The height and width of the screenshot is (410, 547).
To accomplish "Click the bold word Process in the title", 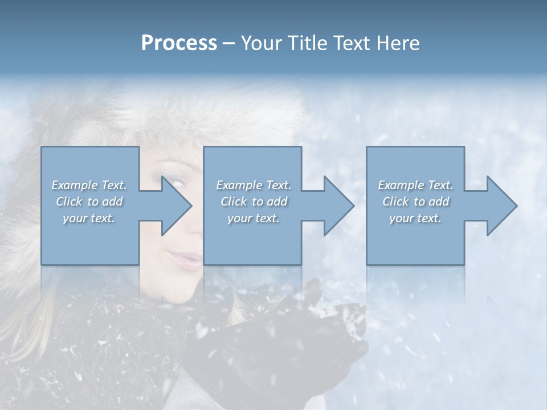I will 179,43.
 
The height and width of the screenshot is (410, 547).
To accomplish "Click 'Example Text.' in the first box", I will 89,185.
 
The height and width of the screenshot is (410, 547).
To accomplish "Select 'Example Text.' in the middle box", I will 253,185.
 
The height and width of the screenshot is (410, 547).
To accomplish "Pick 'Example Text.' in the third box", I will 415,185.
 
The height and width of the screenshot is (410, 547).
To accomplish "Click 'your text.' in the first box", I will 89,218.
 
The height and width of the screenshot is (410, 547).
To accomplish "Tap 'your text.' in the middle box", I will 253,218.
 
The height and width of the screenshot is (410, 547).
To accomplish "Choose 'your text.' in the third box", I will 415,218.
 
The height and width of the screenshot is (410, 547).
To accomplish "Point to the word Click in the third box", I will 396,202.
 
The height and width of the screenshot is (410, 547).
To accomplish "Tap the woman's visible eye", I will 178,183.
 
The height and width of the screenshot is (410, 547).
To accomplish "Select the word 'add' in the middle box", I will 277,202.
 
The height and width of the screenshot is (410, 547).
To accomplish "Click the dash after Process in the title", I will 229,44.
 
